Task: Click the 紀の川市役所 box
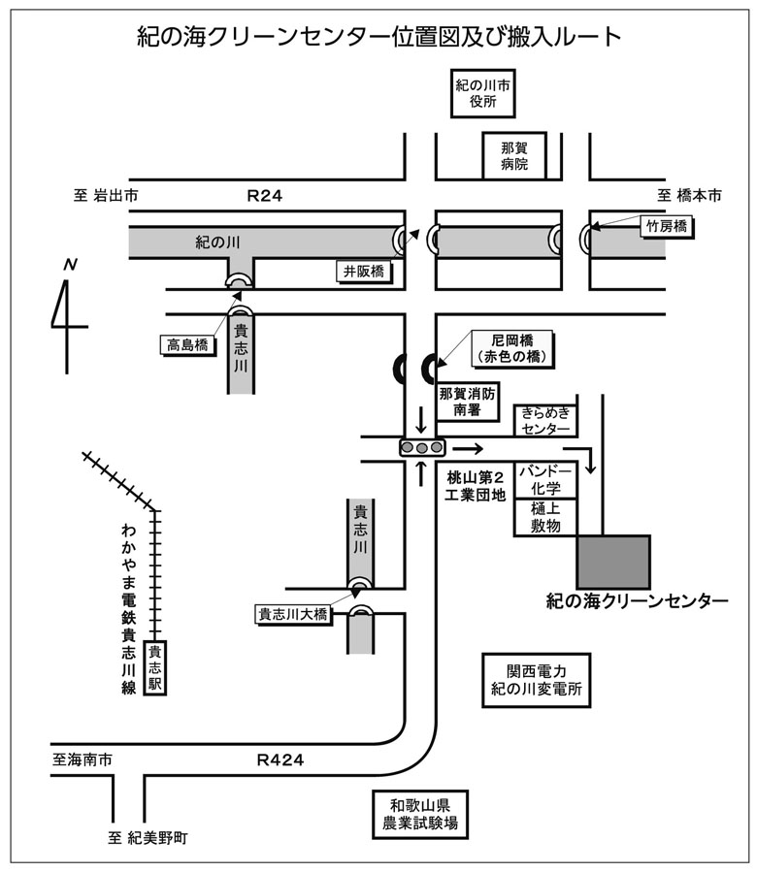point(482,93)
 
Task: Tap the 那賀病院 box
point(514,156)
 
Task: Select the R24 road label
point(264,196)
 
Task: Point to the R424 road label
point(280,759)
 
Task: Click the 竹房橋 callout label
point(667,227)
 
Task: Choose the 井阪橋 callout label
point(364,272)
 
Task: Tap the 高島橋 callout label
point(187,344)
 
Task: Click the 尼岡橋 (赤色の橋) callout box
point(512,348)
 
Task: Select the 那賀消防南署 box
point(467,402)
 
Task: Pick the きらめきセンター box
point(545,421)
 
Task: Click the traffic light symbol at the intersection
point(422,447)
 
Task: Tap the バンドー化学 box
point(545,480)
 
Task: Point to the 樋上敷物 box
point(545,517)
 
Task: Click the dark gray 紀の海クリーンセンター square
point(613,563)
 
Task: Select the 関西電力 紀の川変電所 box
point(536,680)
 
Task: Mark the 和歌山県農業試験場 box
point(420,814)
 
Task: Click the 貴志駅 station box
point(154,667)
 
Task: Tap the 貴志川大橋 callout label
point(293,615)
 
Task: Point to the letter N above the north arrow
point(70,264)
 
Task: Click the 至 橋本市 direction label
point(690,196)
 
